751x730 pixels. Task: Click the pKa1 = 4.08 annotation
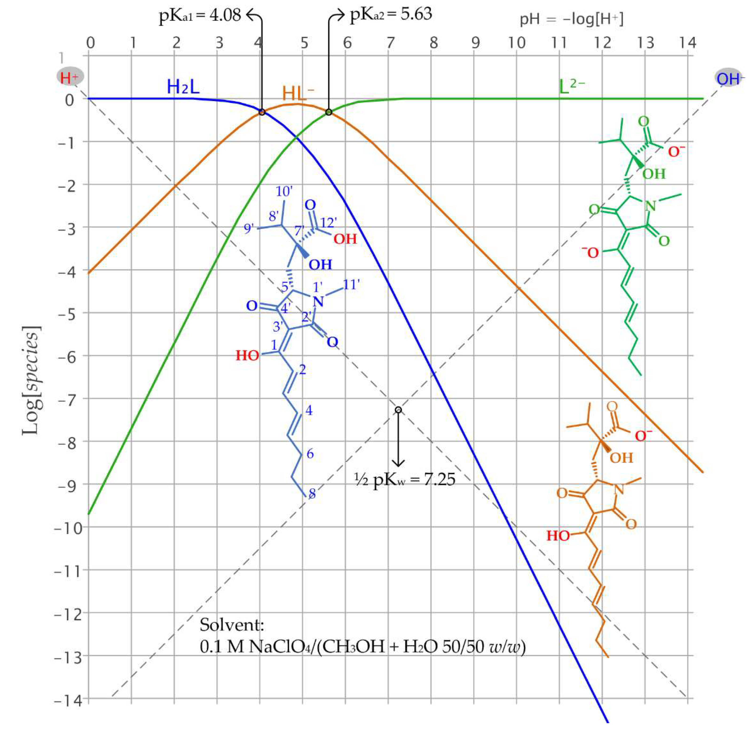click(200, 15)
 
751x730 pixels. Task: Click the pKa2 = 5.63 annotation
click(391, 15)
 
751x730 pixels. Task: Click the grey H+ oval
click(70, 77)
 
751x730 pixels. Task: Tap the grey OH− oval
click(728, 79)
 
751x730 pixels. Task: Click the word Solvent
click(232, 625)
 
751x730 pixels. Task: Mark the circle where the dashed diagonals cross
click(398, 410)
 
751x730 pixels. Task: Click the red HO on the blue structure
click(247, 356)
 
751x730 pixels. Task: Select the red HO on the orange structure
click(558, 536)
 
